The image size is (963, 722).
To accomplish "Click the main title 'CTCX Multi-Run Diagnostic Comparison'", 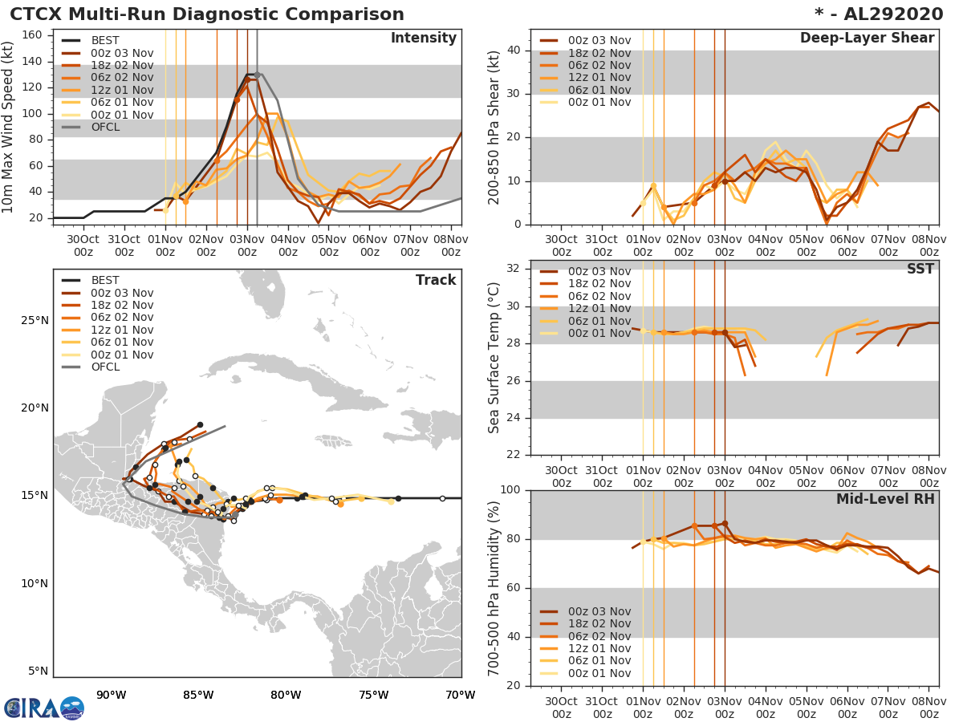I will (x=207, y=14).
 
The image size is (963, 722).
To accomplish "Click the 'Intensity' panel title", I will (x=423, y=39).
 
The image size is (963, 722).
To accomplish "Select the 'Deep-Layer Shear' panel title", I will (x=867, y=39).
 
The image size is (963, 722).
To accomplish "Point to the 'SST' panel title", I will (x=920, y=269).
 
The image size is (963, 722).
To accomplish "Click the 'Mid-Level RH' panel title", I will (x=885, y=499).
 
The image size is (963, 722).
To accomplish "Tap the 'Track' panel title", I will (x=436, y=280).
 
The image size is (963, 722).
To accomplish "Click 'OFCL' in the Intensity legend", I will (x=108, y=127).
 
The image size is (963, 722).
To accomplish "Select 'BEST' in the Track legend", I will (x=106, y=280).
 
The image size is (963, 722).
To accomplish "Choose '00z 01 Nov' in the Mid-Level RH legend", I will (x=599, y=673).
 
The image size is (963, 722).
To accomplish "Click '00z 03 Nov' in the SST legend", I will (x=599, y=271).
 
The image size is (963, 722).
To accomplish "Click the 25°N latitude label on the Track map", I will (x=34, y=321).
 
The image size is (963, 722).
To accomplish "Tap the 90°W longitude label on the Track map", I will (x=111, y=696).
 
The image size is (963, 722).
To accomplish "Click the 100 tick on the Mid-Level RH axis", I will (x=510, y=490).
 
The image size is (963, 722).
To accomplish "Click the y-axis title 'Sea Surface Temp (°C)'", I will (x=494, y=357).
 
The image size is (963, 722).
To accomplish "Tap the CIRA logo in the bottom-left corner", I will (x=43, y=708).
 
